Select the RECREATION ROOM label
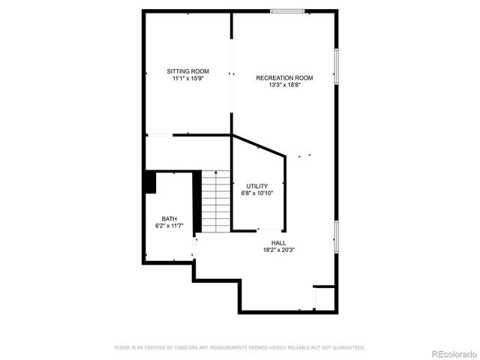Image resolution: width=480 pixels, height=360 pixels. click(284, 78)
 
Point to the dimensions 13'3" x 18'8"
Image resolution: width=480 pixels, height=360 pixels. click(284, 85)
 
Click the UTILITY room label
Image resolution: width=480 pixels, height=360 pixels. click(257, 186)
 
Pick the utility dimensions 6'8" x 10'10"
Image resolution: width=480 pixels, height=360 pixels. click(257, 193)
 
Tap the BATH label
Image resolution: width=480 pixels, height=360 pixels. click(169, 218)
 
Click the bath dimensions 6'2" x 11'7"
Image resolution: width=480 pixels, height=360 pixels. click(169, 225)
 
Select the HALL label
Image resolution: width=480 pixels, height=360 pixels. click(278, 242)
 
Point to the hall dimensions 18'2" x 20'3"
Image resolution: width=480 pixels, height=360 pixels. click(278, 249)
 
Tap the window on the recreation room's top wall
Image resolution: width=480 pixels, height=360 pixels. click(287, 10)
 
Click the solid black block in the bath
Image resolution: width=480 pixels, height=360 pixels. click(150, 182)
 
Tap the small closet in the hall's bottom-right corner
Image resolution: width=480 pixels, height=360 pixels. click(323, 298)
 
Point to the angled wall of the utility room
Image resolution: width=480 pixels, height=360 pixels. click(259, 145)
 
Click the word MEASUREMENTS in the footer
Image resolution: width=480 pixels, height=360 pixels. click(228, 347)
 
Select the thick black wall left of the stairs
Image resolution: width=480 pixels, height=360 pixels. click(198, 202)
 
